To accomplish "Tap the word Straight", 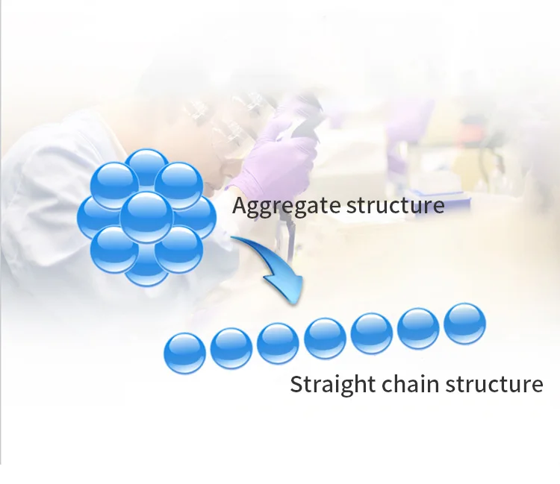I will [332, 385].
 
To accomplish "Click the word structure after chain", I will [494, 384].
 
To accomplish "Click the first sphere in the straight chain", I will [184, 353].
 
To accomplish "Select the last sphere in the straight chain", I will [464, 324].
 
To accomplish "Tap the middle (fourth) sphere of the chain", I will [325, 338].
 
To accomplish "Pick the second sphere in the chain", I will [231, 348].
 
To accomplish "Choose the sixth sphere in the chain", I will [418, 328].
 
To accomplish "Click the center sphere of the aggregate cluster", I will [146, 216].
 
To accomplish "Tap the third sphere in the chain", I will [278, 343].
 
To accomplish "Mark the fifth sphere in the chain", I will [372, 333].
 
